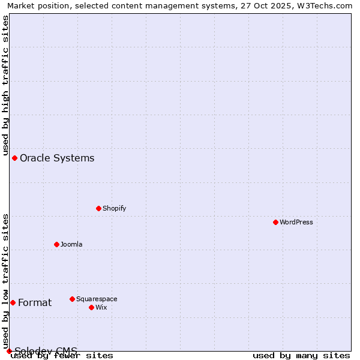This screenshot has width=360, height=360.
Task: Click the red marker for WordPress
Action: pyautogui.click(x=275, y=222)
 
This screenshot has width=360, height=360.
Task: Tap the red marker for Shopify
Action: pyautogui.click(x=98, y=208)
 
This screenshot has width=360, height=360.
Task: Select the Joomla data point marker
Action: pyautogui.click(x=56, y=244)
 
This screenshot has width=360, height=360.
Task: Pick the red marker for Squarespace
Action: pyautogui.click(x=72, y=299)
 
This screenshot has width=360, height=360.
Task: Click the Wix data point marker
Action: pyautogui.click(x=91, y=307)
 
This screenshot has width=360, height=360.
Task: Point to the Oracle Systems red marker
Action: pyautogui.click(x=14, y=158)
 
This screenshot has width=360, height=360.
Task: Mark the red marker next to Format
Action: pyautogui.click(x=13, y=302)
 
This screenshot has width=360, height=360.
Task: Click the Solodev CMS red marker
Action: pyautogui.click(x=9, y=351)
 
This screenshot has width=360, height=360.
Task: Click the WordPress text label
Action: pyautogui.click(x=296, y=222)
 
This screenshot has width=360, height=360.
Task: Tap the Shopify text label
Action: pyautogui.click(x=114, y=208)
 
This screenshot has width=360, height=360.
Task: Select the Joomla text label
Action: pyautogui.click(x=71, y=244)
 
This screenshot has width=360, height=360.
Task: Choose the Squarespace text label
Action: pyautogui.click(x=97, y=299)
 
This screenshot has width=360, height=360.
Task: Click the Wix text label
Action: pyautogui.click(x=101, y=307)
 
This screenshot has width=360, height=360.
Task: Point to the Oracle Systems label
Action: pyautogui.click(x=57, y=158)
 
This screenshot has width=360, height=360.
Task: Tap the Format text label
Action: pyautogui.click(x=35, y=302)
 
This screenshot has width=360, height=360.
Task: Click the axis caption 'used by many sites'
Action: pyautogui.click(x=301, y=355)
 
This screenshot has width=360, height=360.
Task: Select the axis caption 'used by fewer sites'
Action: pyautogui.click(x=62, y=355)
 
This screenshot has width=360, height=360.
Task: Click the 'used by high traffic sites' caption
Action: pyautogui.click(x=6, y=84)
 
